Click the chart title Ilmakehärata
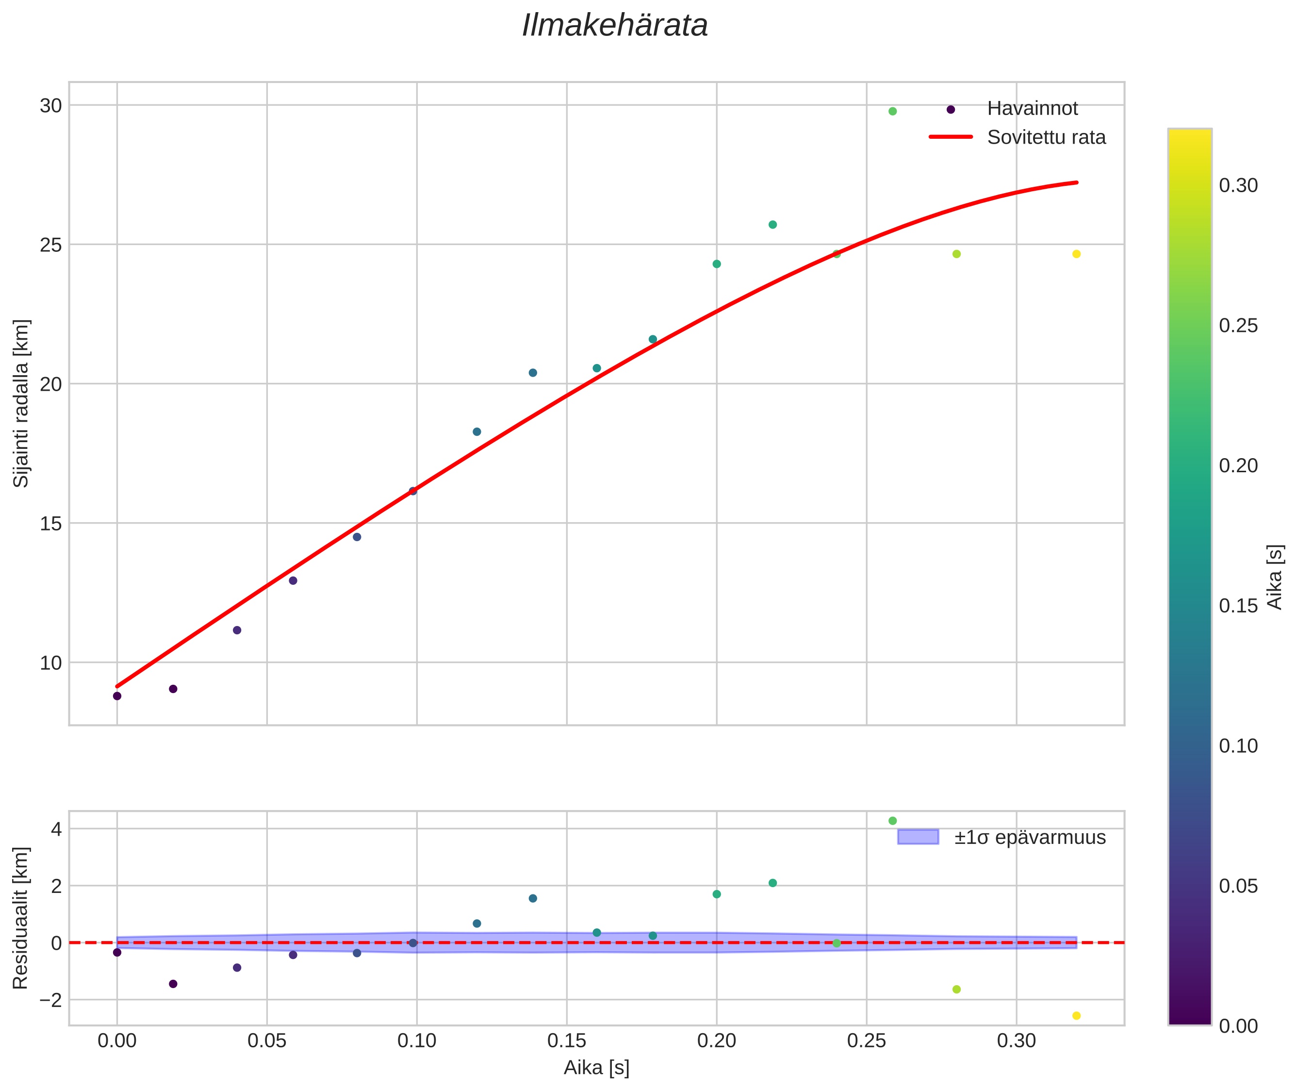click(x=615, y=26)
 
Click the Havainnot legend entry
click(x=1032, y=109)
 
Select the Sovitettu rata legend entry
click(x=1046, y=137)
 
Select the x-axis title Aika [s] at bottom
click(x=596, y=1068)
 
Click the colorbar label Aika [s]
click(x=1275, y=577)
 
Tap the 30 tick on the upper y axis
click(x=50, y=106)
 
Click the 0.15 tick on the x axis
click(x=567, y=1041)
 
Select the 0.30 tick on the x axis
click(x=1017, y=1041)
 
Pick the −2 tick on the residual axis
click(x=48, y=1000)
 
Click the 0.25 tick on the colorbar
click(x=1238, y=326)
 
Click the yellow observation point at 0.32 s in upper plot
click(x=1076, y=254)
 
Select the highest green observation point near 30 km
click(x=892, y=111)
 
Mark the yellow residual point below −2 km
click(x=1076, y=1016)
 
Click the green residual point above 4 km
click(x=892, y=821)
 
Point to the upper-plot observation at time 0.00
click(x=117, y=696)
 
